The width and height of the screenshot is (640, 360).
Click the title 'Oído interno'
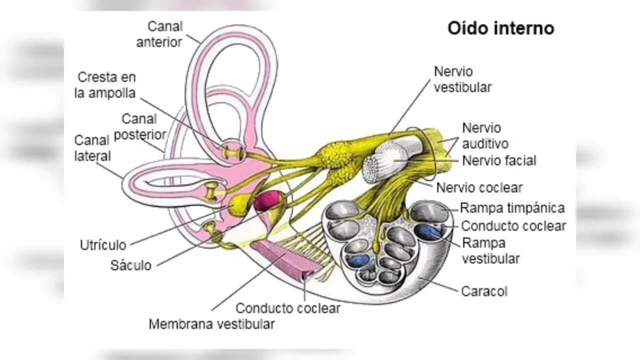pyautogui.click(x=500, y=28)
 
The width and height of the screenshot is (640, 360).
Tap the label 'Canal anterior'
pyautogui.click(x=159, y=34)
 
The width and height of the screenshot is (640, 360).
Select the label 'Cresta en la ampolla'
pyautogui.click(x=106, y=85)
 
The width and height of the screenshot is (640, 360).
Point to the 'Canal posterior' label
pyautogui.click(x=139, y=126)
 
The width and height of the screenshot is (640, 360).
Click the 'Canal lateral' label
pyautogui.click(x=92, y=148)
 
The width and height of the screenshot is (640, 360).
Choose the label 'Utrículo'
pyautogui.click(x=103, y=245)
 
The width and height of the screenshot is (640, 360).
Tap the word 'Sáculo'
pyautogui.click(x=130, y=265)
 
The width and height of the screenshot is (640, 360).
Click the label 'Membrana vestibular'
pyautogui.click(x=211, y=324)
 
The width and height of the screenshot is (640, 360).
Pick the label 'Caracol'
pyautogui.click(x=484, y=291)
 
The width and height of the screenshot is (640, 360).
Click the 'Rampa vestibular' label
pyautogui.click(x=490, y=251)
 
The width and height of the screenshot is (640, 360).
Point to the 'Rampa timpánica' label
pyautogui.click(x=512, y=208)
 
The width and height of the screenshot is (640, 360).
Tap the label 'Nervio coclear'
pyautogui.click(x=479, y=188)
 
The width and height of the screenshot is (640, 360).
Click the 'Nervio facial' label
pyautogui.click(x=499, y=161)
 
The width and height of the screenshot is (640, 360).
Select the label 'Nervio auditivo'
pyautogui.click(x=484, y=136)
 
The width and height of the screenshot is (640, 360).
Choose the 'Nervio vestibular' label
pyautogui.click(x=462, y=79)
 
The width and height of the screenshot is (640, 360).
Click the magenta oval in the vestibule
pyautogui.click(x=267, y=200)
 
